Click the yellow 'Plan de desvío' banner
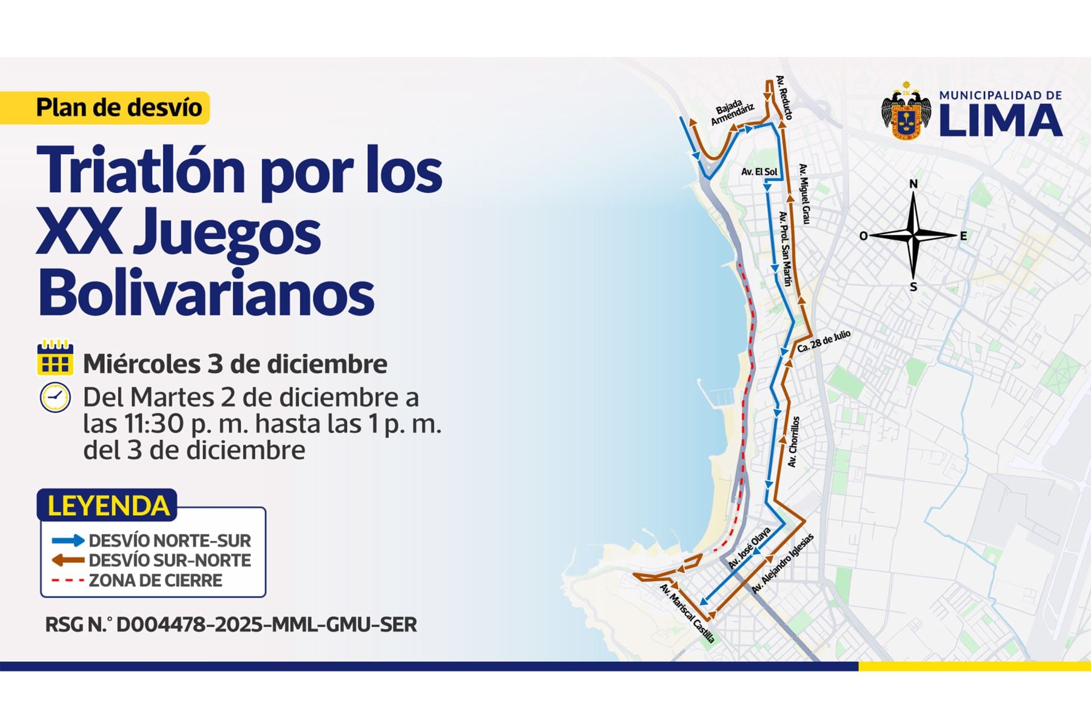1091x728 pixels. point(119,107)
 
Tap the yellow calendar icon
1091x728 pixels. point(55,357)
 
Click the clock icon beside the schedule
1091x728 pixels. point(55,398)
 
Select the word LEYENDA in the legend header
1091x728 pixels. point(108,506)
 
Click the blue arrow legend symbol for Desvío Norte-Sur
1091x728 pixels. point(67,541)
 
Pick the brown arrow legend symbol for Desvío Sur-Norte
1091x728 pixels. point(67,560)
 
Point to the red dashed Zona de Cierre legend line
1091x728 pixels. point(67,580)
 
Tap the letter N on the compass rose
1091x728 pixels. point(913,184)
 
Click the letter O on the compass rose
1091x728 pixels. point(864,236)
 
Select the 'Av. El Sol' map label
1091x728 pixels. point(759,172)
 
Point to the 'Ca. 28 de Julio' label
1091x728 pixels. point(824,342)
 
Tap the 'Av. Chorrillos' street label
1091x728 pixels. point(793,442)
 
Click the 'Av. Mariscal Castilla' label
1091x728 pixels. point(687,613)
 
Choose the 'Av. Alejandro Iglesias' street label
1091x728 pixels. point(782,564)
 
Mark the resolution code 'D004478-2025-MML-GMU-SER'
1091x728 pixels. point(266,624)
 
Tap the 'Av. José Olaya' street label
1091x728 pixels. point(750,548)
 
